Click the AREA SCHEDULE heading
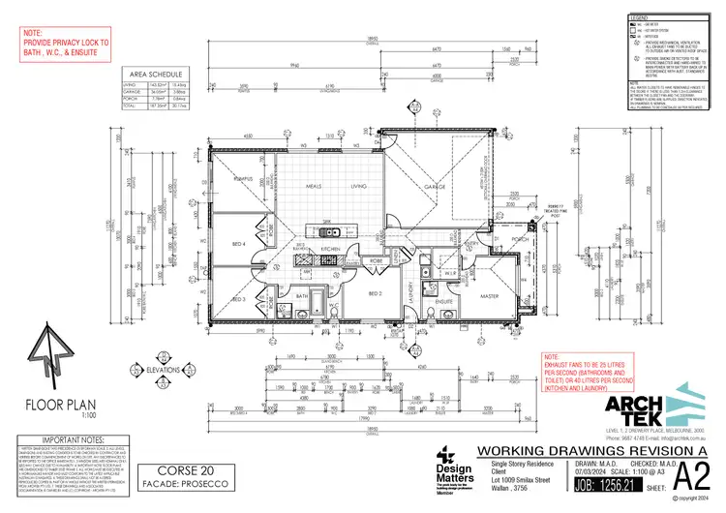[x=157, y=74]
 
